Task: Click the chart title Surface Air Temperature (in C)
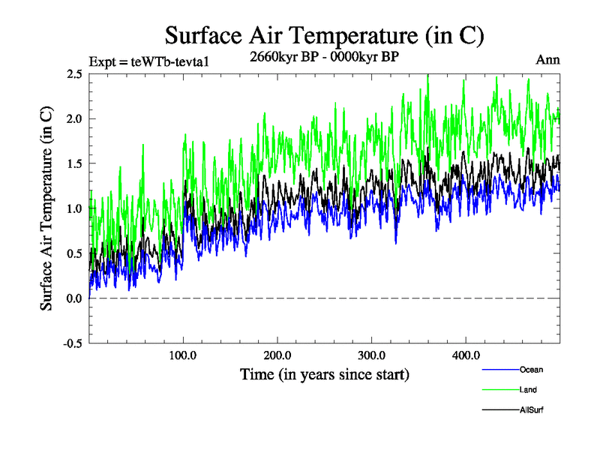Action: point(324,35)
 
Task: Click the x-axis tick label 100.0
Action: point(183,355)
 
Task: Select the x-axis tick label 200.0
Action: point(277,355)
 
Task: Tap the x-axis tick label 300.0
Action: point(372,355)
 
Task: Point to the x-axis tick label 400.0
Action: point(466,355)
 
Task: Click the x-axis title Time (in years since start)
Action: point(325,373)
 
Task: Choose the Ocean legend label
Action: point(531,370)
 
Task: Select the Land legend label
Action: point(528,390)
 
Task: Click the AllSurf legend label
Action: point(530,410)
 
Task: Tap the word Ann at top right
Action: point(547,60)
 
